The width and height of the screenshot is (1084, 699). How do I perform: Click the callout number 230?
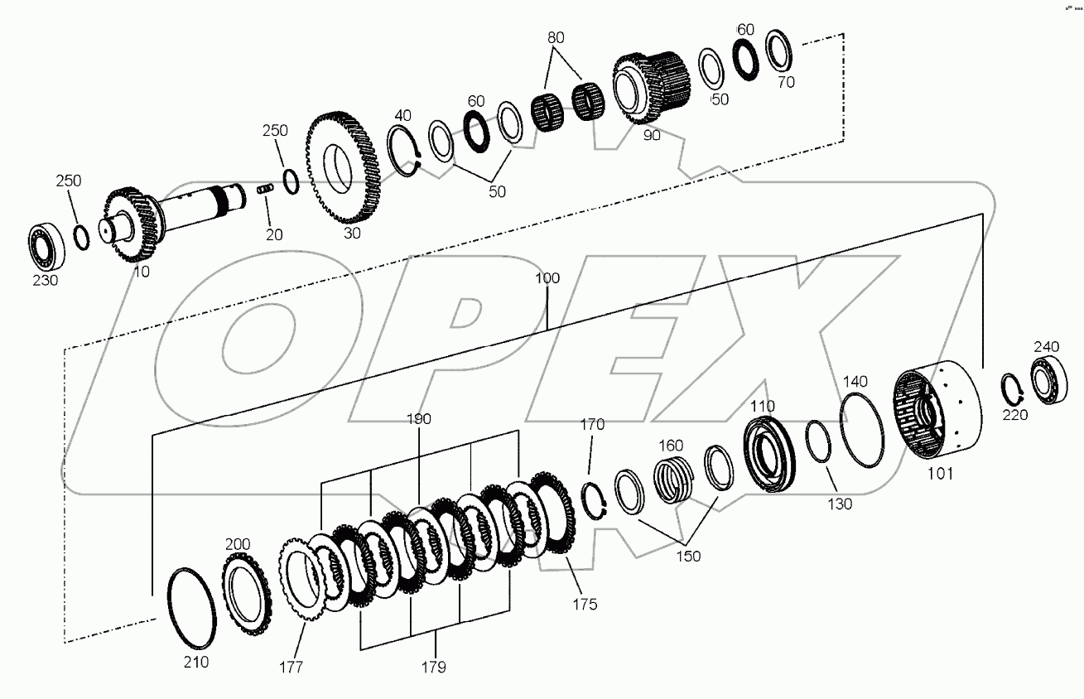[x=46, y=280]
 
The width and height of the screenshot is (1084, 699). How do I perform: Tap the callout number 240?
[x=1046, y=346]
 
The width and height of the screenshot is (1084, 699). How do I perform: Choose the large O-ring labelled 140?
[x=863, y=429]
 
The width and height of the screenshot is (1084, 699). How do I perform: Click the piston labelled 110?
[x=770, y=455]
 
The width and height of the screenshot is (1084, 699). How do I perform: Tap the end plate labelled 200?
[x=246, y=590]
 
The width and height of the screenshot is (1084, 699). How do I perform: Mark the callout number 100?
[x=547, y=279]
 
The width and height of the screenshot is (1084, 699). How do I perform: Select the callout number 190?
[x=419, y=419]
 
